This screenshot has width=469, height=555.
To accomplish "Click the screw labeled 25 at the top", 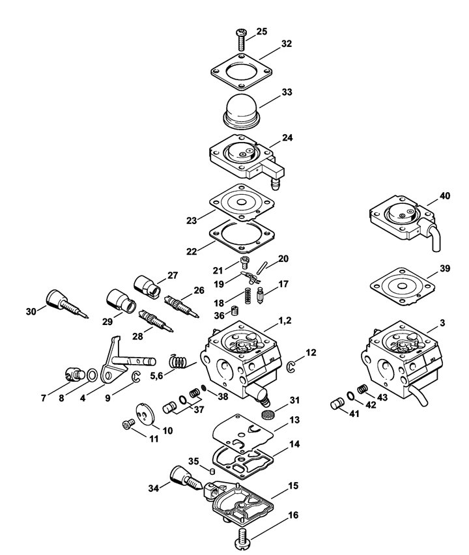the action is (x=241, y=39).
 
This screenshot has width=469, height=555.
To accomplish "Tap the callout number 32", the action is (x=287, y=44).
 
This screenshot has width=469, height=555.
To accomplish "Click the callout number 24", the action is (x=287, y=137).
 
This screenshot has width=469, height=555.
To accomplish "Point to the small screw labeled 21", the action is (x=244, y=263).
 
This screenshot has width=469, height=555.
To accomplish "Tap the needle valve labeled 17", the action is (x=261, y=296).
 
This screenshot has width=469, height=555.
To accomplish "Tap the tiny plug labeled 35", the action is (x=212, y=471).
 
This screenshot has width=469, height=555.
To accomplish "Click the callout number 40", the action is (x=445, y=195).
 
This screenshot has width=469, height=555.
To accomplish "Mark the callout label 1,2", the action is (x=285, y=320).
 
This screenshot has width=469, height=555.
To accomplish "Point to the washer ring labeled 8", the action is (x=92, y=375).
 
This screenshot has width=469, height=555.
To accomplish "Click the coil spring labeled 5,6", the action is (x=178, y=361).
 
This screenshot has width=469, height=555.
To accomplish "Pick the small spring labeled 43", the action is (x=362, y=389).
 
